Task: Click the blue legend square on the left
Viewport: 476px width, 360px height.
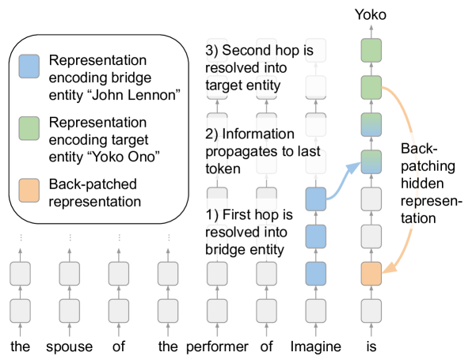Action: pyautogui.click(x=29, y=66)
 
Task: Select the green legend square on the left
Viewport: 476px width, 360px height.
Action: pyautogui.click(x=29, y=128)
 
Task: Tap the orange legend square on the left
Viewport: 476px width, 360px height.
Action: pyautogui.click(x=29, y=191)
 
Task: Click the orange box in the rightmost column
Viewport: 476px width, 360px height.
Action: pyautogui.click(x=371, y=274)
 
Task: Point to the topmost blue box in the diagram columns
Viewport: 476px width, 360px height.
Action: pyautogui.click(x=316, y=199)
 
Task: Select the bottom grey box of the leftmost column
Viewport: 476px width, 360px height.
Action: pyautogui.click(x=20, y=310)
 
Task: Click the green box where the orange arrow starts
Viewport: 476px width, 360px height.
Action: pyautogui.click(x=371, y=88)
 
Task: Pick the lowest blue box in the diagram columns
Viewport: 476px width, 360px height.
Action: pyautogui.click(x=316, y=274)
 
